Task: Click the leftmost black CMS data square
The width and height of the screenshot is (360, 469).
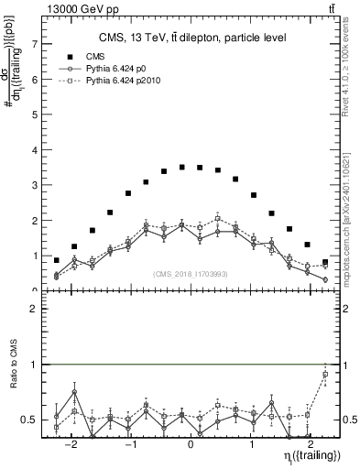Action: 57,260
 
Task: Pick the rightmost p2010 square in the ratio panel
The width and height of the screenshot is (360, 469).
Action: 325,375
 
